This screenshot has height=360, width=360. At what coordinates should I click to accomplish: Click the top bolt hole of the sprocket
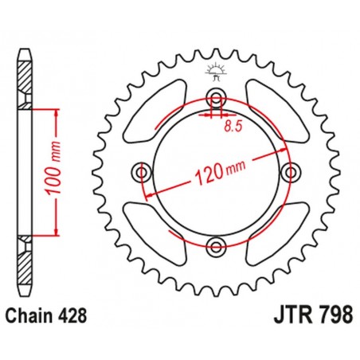click(x=214, y=99)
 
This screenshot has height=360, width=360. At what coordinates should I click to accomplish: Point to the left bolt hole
click(x=143, y=171)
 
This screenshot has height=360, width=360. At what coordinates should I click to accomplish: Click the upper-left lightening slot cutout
click(x=156, y=111)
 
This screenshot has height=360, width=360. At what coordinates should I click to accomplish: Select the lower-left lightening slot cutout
click(x=156, y=232)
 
